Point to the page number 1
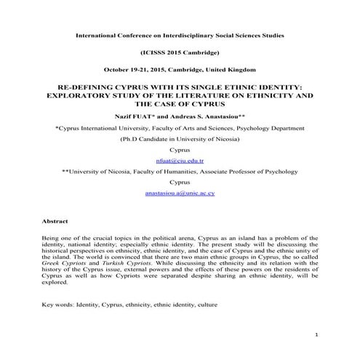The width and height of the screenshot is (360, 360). point(319,335)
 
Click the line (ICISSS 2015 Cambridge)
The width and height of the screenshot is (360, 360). point(180,53)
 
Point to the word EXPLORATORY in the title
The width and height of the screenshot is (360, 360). point(71,95)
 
